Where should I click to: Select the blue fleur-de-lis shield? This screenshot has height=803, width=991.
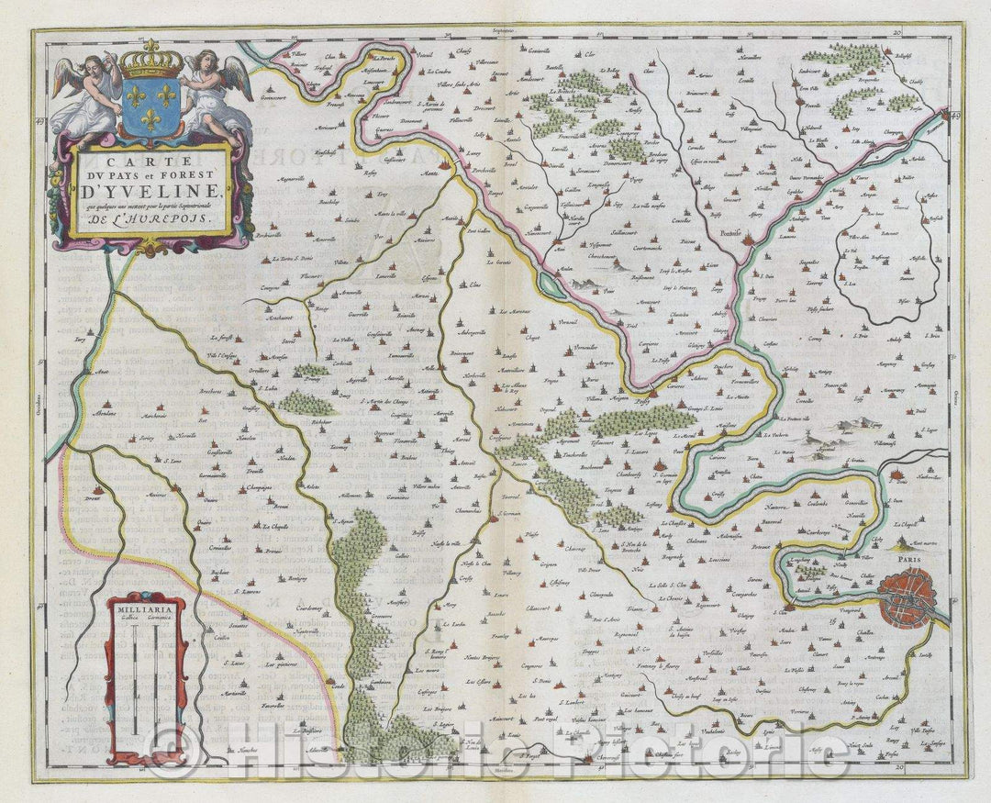pyautogui.click(x=151, y=108)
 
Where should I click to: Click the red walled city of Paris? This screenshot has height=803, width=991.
pyautogui.click(x=907, y=597)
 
